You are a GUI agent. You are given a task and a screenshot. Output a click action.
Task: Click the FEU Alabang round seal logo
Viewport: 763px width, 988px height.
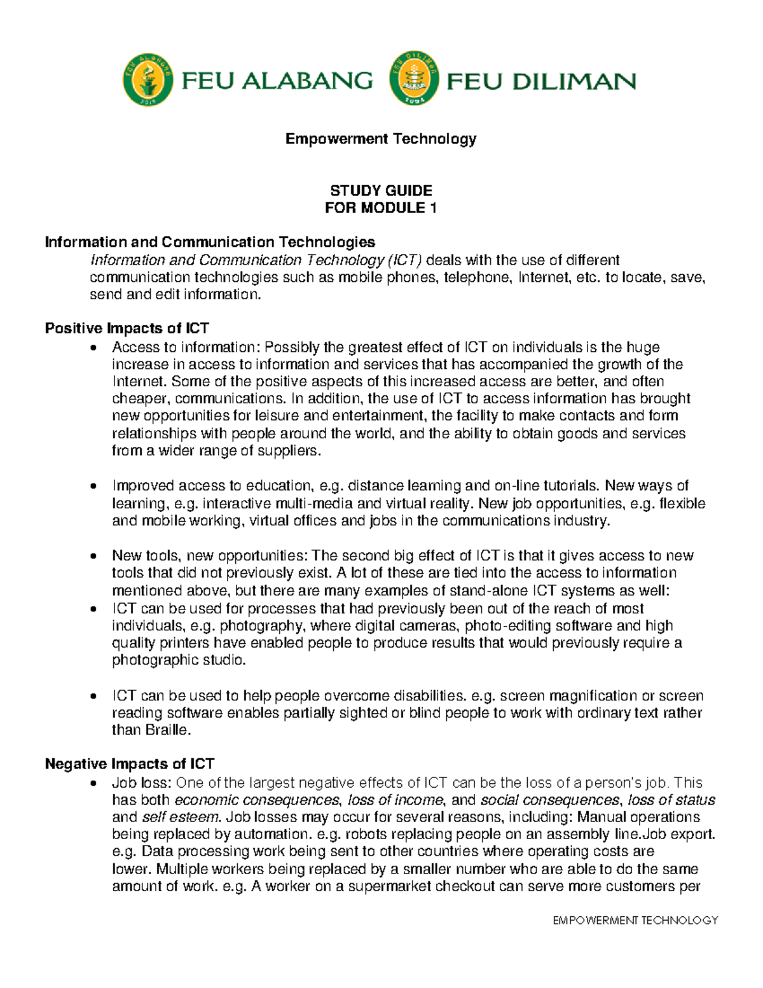pyautogui.click(x=148, y=80)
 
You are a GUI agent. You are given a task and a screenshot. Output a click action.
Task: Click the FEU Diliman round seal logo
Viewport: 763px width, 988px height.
pyautogui.click(x=414, y=80)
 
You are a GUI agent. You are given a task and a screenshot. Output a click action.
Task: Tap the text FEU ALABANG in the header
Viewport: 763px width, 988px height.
pyautogui.click(x=277, y=81)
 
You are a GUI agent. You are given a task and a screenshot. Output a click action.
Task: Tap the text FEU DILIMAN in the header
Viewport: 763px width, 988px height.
pyautogui.click(x=541, y=81)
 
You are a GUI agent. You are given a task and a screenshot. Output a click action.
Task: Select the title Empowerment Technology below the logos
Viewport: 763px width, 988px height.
pyautogui.click(x=380, y=139)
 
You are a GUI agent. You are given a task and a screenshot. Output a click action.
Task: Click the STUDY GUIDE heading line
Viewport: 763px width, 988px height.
pyautogui.click(x=381, y=190)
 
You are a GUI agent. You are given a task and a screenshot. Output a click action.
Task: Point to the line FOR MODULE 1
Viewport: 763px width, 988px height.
pyautogui.click(x=380, y=208)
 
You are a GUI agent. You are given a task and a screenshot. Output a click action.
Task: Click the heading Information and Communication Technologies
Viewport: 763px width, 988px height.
pyautogui.click(x=210, y=242)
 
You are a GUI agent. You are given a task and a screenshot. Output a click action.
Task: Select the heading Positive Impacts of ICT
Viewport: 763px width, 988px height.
pyautogui.click(x=127, y=328)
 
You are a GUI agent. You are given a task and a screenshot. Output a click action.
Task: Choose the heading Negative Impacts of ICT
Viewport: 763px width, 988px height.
pyautogui.click(x=129, y=763)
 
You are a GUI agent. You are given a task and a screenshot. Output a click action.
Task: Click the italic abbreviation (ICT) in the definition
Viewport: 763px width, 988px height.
pyautogui.click(x=404, y=260)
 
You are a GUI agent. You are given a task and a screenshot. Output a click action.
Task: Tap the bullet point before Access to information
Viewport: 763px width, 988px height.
pyautogui.click(x=94, y=348)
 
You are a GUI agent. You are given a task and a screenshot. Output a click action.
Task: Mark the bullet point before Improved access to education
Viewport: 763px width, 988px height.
pyautogui.click(x=94, y=487)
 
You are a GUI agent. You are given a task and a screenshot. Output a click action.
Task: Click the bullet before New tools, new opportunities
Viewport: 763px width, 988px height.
pyautogui.click(x=94, y=557)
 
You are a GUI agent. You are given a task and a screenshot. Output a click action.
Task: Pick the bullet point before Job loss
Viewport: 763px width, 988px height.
pyautogui.click(x=94, y=783)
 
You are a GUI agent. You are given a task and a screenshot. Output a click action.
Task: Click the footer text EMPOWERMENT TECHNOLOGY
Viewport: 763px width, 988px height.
pyautogui.click(x=635, y=920)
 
